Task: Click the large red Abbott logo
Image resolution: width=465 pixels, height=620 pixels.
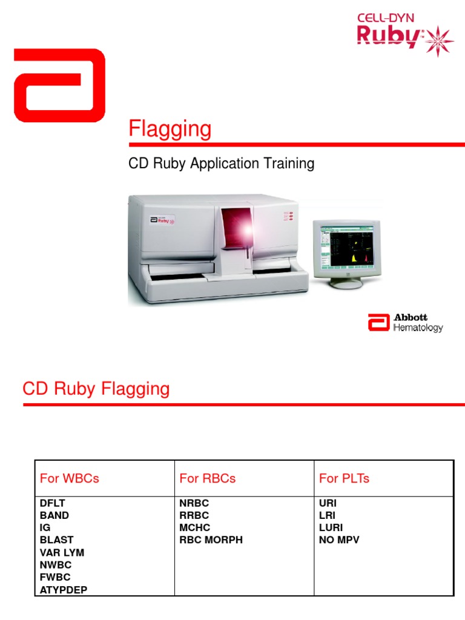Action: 59,85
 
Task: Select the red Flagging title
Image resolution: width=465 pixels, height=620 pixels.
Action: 170,130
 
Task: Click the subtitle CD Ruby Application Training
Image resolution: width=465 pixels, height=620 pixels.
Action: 222,163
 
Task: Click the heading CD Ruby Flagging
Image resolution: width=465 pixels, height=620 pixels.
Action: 96,389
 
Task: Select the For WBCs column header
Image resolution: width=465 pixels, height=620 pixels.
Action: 69,478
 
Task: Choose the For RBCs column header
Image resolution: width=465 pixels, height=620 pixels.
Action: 208,478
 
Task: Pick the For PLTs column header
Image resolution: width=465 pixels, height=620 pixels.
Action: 344,478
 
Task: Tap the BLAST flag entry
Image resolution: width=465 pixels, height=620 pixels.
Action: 56,539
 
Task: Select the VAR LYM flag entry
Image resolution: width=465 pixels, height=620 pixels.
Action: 62,552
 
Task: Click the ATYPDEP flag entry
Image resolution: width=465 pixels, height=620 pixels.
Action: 63,589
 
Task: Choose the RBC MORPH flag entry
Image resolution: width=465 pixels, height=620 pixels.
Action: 211,539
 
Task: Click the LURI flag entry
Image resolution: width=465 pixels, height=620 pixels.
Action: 331,527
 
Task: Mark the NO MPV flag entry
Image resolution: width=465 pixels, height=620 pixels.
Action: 339,539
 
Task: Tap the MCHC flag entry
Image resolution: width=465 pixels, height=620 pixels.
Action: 194,527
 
